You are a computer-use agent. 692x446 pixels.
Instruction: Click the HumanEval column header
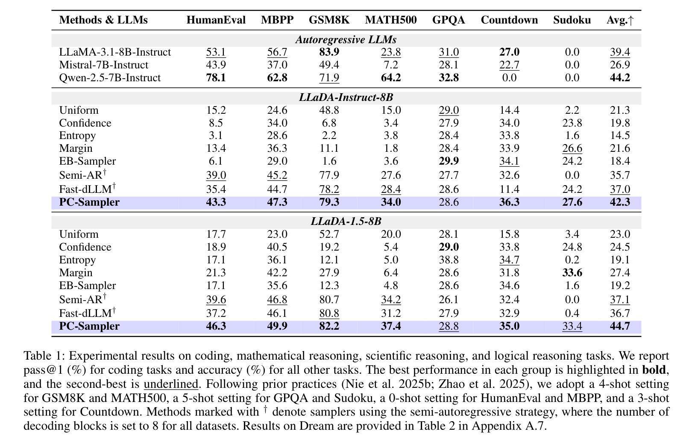(216, 20)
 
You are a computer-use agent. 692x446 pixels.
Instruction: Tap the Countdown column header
(509, 20)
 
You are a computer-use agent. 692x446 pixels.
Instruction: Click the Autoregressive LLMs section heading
(346, 40)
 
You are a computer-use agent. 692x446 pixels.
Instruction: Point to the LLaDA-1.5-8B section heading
(346, 222)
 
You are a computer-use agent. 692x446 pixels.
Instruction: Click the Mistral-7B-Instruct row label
(103, 65)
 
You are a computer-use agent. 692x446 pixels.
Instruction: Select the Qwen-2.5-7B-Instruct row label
(110, 78)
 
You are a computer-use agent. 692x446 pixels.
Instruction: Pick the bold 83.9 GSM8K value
(329, 52)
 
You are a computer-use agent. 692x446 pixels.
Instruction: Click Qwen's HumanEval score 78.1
(216, 78)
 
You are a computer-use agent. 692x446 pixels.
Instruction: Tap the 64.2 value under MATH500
(391, 78)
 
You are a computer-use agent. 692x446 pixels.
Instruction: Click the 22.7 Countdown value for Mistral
(509, 65)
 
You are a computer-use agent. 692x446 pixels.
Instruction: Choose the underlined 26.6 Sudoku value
(572, 148)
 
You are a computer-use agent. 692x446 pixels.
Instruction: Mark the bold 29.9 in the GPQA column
(449, 161)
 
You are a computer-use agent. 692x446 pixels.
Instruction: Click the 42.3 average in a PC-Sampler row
(620, 202)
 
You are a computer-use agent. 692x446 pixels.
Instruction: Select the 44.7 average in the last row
(620, 326)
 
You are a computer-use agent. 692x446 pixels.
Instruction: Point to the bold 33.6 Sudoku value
(572, 272)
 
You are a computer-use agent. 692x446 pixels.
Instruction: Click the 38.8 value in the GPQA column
(449, 260)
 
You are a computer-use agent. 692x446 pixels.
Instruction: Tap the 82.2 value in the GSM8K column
(329, 326)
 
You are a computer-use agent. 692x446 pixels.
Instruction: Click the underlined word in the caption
(171, 384)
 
